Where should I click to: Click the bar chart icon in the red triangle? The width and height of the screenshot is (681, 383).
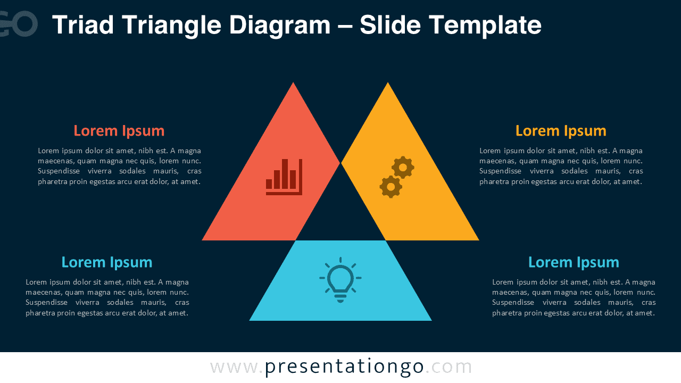(x=284, y=177)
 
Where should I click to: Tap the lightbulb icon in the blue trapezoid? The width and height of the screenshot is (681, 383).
(x=340, y=280)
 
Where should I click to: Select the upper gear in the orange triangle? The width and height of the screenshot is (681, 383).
(x=403, y=168)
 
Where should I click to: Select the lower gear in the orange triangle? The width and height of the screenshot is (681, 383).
(x=391, y=187)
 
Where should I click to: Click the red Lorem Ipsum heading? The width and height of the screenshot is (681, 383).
(x=119, y=131)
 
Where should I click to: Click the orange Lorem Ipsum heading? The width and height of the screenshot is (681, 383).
(x=561, y=131)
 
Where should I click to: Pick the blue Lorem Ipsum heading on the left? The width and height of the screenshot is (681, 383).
(x=107, y=262)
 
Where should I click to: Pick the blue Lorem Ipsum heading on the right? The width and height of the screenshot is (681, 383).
(x=574, y=262)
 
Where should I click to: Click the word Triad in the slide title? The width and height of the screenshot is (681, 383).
(x=83, y=25)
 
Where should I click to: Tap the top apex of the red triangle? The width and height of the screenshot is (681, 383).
(x=293, y=84)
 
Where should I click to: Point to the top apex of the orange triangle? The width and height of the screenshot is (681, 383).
(x=388, y=84)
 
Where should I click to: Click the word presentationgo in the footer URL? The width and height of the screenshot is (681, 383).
(x=344, y=367)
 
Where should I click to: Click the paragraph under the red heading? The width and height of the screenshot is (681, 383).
(x=119, y=166)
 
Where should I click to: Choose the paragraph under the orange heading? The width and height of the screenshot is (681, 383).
(x=561, y=166)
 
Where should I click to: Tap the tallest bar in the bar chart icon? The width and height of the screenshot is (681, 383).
(x=285, y=174)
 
